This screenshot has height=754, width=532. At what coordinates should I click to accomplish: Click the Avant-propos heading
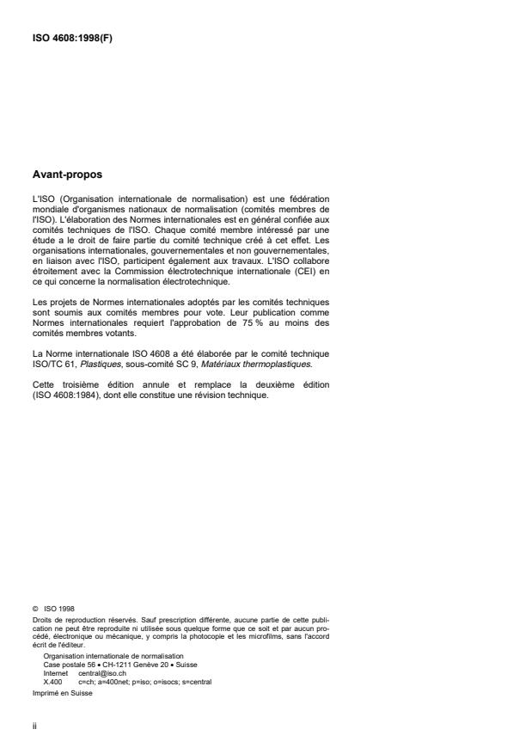[66, 175]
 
